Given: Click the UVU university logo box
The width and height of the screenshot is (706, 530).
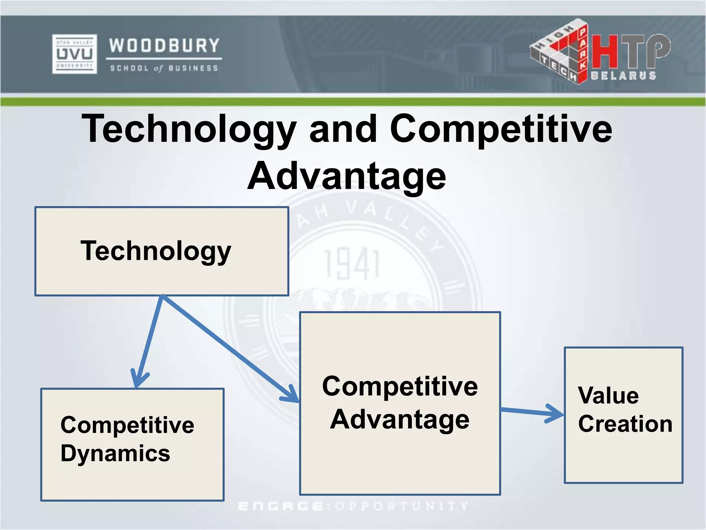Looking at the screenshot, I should [x=74, y=54].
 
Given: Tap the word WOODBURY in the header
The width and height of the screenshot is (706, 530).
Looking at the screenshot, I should [x=164, y=46].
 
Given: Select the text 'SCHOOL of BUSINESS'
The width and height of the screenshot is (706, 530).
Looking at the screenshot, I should [x=164, y=68].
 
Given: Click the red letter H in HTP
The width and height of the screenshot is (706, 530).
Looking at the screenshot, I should [x=605, y=52].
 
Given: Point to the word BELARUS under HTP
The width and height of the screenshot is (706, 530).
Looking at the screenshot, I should [x=623, y=76].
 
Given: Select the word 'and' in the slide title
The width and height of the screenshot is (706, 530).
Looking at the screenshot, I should [x=343, y=129].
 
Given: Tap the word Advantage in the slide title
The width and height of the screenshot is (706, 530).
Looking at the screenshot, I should [x=347, y=176].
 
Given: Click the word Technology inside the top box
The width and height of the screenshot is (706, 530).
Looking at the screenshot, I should [x=156, y=251].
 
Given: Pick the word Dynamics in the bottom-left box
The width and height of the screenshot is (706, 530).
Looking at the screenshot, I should [x=115, y=453].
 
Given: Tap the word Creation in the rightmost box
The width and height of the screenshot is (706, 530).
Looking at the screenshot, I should [x=625, y=424].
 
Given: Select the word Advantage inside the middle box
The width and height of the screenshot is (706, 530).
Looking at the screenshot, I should [x=400, y=420].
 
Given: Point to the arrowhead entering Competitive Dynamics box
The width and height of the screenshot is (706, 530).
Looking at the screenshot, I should [x=138, y=381].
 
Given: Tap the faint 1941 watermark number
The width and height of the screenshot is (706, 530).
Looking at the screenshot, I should [x=352, y=265].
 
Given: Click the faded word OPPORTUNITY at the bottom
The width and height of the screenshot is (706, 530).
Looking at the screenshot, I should [x=402, y=506].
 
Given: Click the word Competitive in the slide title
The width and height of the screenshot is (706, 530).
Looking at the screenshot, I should [x=501, y=129].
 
